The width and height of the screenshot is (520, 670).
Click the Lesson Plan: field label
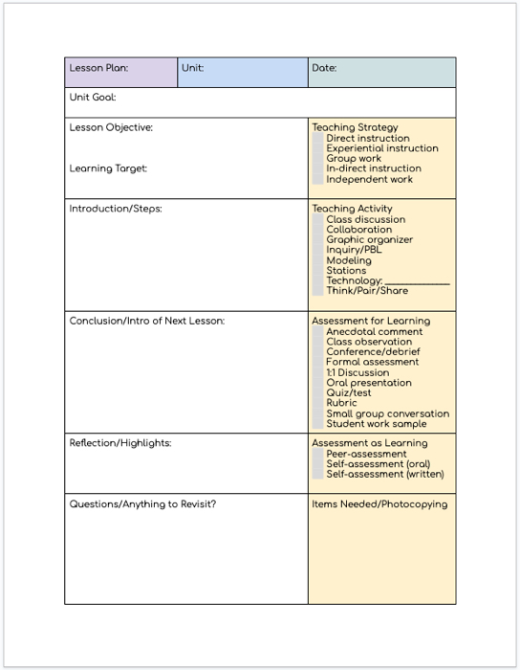tap(98, 69)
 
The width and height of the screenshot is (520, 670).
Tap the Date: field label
tap(324, 69)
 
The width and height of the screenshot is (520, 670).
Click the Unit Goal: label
tap(93, 98)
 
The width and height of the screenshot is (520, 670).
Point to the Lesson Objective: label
tap(111, 127)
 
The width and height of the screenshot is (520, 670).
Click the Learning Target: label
tap(108, 168)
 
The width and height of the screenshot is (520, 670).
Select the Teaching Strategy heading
tap(355, 127)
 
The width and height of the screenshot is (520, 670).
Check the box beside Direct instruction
tap(318, 139)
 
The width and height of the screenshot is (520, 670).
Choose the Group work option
tap(354, 159)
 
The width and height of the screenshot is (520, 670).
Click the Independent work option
tap(369, 179)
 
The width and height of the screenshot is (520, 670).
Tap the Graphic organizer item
tap(369, 240)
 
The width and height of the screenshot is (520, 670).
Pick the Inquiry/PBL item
tap(354, 251)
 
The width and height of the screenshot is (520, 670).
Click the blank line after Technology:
tap(417, 281)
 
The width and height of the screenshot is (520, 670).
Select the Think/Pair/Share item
tap(367, 291)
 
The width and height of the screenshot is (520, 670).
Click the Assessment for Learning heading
tap(371, 322)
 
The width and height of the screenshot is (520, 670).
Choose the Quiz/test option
tap(349, 393)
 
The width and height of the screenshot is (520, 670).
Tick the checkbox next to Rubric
tap(318, 404)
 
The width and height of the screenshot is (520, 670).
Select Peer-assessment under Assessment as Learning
tap(366, 455)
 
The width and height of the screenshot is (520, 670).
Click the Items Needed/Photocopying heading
tap(379, 504)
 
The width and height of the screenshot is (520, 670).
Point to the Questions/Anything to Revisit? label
tap(142, 504)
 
